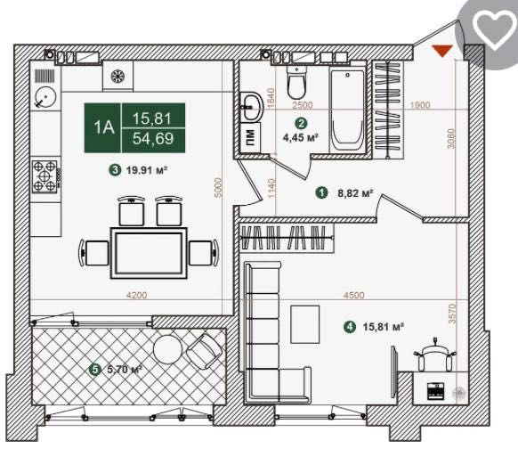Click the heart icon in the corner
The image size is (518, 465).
494,29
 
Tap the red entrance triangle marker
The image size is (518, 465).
442,51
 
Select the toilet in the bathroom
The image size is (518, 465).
296,82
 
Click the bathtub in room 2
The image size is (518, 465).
347,110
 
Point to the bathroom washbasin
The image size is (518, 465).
252,106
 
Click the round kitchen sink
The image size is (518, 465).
45,97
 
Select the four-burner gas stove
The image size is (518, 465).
45,176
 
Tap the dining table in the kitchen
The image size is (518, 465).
149,253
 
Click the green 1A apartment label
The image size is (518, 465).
102,128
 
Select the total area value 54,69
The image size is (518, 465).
153,139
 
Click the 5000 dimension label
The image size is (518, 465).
218,188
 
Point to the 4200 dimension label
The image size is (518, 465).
137,295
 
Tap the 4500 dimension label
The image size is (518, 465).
353,295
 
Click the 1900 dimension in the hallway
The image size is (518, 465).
419,105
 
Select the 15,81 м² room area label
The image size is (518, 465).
384,327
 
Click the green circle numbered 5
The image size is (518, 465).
95,370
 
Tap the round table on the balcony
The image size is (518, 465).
168,349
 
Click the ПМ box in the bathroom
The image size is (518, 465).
250,137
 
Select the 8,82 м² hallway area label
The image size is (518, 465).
355,192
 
